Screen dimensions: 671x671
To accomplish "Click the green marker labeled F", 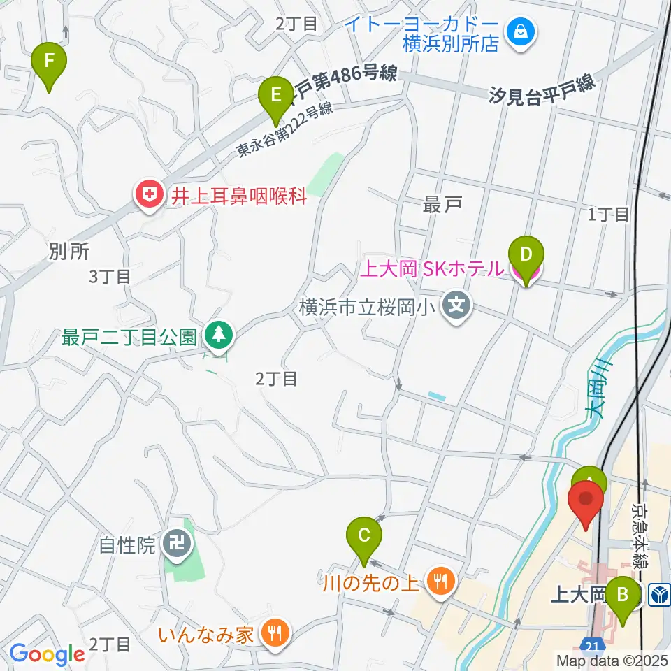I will coord(49,62).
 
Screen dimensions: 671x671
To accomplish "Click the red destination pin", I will coord(585,503).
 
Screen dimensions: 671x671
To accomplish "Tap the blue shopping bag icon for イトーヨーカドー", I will coord(521,31).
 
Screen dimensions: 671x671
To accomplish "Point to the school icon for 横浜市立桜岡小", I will coord(457,306).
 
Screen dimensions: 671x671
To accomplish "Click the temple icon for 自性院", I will coord(175,545).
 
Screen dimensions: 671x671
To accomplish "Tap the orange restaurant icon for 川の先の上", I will coord(440,580).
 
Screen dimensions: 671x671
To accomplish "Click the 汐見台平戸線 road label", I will coord(542,89).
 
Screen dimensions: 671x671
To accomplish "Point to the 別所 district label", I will coord(68,252).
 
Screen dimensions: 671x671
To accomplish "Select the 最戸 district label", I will coord(442,205).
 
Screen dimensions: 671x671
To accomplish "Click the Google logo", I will coord(47,654).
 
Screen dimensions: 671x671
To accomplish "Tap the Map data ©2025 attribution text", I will coord(610,659).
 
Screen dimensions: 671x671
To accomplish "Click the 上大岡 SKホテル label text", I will coord(431,268).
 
